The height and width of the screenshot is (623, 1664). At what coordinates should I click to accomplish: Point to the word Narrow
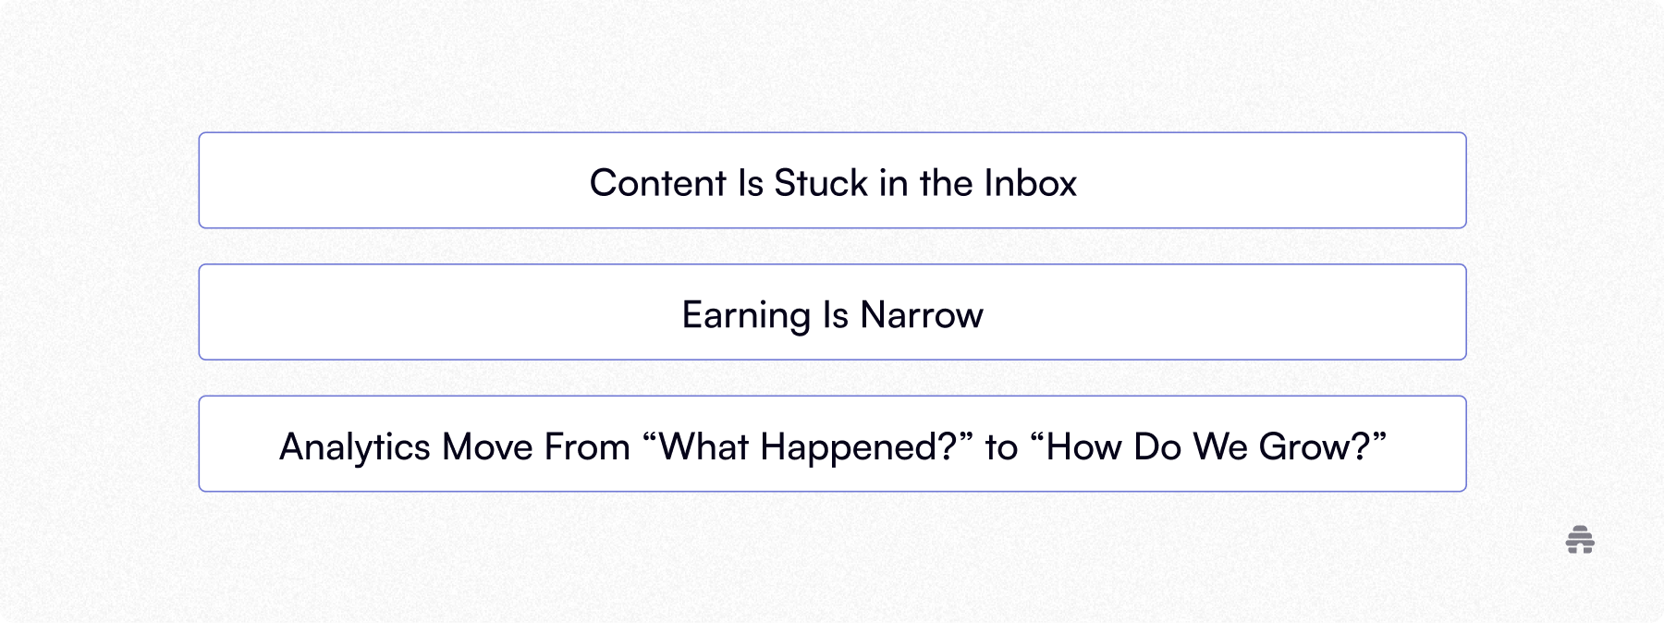point(921,315)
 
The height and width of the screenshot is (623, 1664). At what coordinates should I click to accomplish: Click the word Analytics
point(354,448)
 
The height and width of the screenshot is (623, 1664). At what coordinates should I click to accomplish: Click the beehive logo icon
point(1580,541)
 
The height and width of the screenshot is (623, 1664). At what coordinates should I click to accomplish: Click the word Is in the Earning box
point(835,315)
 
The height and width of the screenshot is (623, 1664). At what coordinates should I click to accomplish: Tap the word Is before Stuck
point(750,183)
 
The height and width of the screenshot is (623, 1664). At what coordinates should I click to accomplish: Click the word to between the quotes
point(1000,448)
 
